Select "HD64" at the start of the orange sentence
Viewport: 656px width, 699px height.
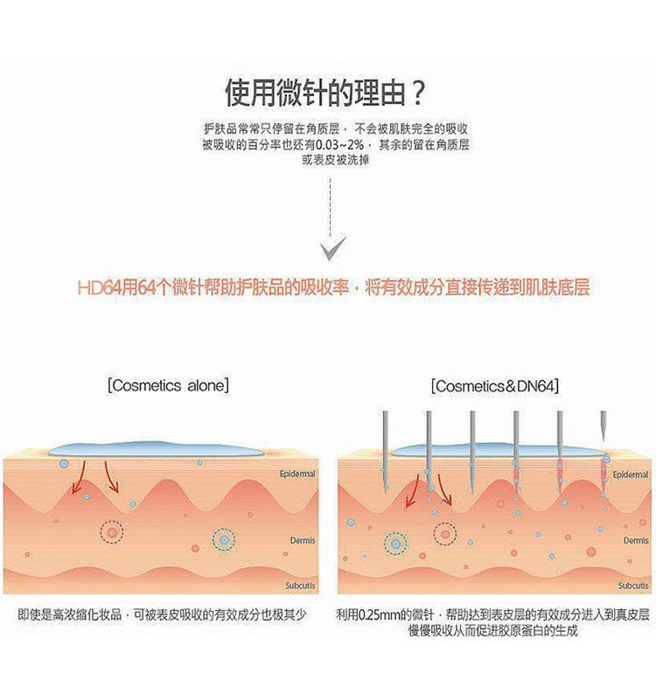99,287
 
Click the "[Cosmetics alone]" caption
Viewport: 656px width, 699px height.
168,385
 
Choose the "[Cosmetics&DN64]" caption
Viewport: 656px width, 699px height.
495,385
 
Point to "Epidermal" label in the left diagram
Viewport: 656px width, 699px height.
297,474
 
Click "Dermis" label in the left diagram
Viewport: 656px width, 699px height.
303,541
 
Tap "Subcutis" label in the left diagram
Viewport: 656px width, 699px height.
300,585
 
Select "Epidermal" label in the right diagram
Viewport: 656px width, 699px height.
630,474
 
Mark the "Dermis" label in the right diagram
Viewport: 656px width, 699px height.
636,541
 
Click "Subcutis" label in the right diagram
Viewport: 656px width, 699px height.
633,585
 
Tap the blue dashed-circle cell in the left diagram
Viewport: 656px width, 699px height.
225,540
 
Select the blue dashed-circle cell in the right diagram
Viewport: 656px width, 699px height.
395,544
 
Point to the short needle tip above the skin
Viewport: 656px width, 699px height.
603,426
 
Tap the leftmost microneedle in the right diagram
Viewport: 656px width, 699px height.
384,446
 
